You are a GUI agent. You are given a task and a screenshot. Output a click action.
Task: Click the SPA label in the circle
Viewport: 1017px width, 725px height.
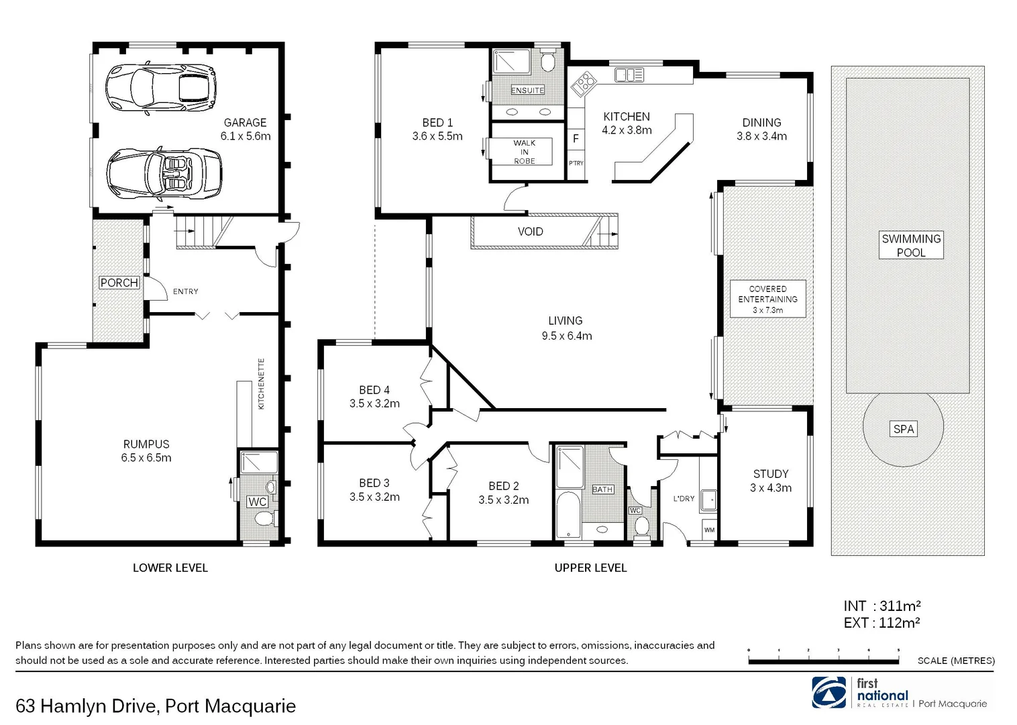coord(904,429)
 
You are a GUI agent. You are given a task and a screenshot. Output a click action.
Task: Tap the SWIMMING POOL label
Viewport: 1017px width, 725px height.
coord(911,246)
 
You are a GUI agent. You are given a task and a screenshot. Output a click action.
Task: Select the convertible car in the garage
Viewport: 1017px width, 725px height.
coord(164,174)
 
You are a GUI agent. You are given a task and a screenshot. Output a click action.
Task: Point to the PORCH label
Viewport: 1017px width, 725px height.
coord(119,283)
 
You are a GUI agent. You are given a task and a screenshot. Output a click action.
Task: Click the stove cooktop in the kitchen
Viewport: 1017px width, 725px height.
coord(584,84)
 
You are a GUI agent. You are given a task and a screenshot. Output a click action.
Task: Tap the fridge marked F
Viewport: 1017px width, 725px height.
coord(576,139)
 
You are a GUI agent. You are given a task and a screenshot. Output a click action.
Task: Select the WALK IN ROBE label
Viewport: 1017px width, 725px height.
coord(524,152)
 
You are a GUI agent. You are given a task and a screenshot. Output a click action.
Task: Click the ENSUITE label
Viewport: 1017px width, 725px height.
coord(527,90)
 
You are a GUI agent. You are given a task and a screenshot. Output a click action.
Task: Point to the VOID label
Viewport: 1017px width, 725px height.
coord(530,232)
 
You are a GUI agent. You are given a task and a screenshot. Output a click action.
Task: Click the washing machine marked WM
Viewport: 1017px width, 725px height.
coord(709,530)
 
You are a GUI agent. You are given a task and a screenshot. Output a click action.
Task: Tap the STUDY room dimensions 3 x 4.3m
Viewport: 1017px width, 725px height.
coord(770,488)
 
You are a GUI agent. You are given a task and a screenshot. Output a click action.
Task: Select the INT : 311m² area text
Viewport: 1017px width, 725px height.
coord(881,606)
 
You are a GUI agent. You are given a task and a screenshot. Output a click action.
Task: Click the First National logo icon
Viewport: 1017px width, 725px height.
coord(829,692)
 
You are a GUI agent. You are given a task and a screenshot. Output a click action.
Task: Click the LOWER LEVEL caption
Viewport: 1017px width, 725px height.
coord(170,568)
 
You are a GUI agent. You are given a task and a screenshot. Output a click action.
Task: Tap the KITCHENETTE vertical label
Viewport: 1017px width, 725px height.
coord(262,384)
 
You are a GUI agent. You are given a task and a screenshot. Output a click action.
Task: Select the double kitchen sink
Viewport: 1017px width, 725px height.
coord(629,75)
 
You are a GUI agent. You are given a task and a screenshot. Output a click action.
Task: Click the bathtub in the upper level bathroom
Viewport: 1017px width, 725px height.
coord(568,514)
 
